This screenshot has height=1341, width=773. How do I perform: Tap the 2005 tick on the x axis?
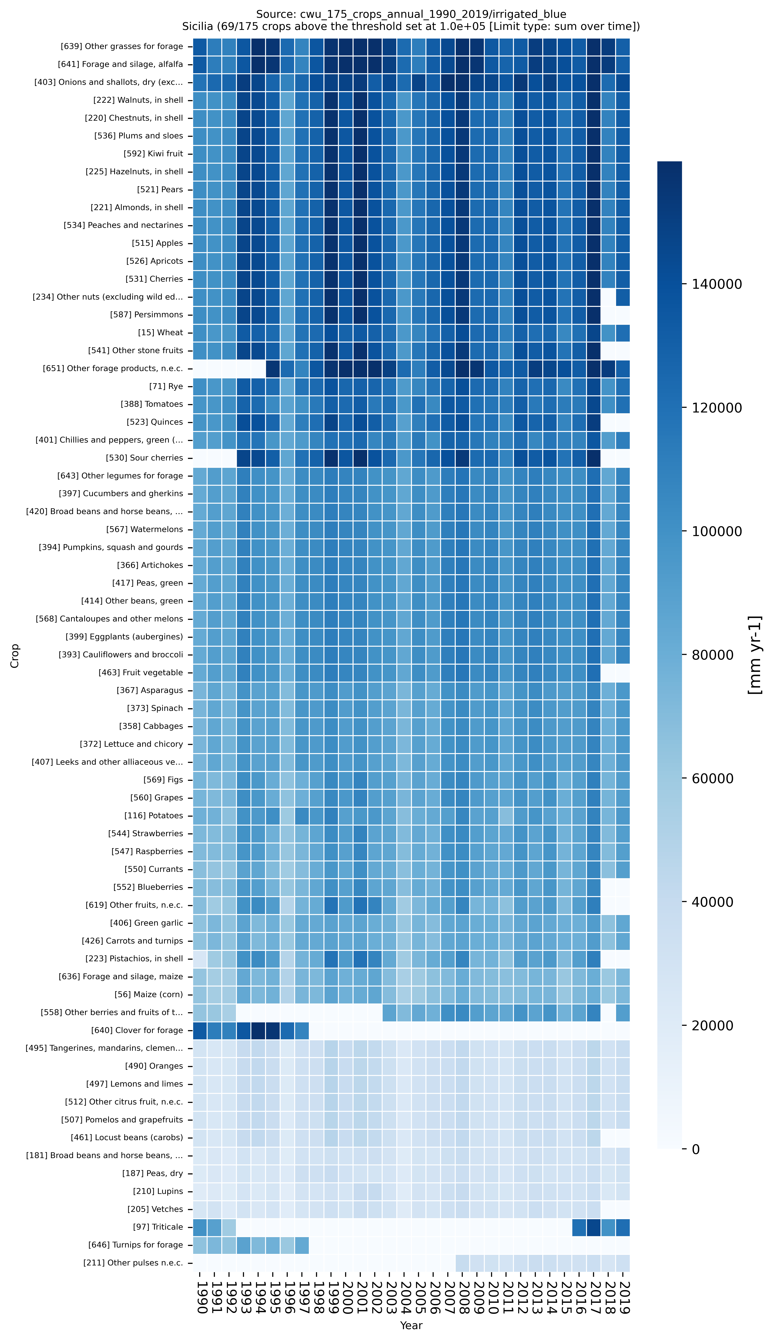pos(419,1296)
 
